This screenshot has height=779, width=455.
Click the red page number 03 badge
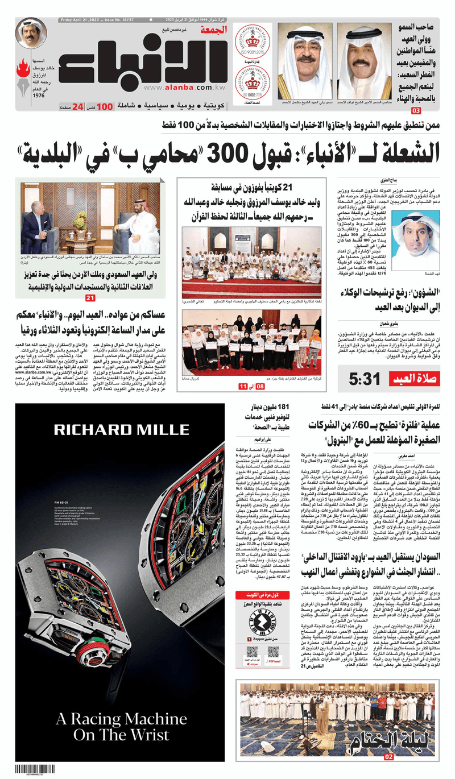432,110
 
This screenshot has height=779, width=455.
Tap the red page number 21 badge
90,298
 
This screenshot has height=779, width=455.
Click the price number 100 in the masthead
105,106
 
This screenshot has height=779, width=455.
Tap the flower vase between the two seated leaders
80,218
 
